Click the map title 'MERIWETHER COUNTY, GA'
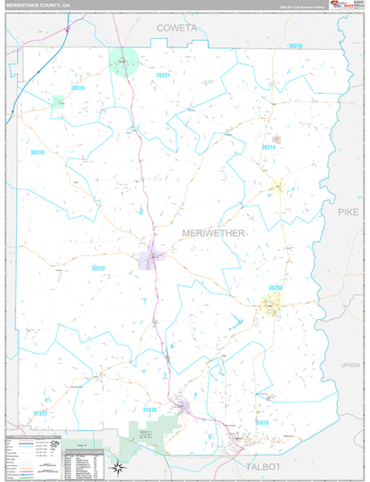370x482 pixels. (x=40, y=6)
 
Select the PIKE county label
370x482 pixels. (x=348, y=212)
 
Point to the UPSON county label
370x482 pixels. (x=351, y=365)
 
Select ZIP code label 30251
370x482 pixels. (x=163, y=75)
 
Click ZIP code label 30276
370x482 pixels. (x=294, y=47)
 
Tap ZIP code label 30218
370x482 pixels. (x=269, y=147)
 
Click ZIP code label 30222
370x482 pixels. (x=98, y=268)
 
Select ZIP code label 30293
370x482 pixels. (x=274, y=287)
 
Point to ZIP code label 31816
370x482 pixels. (x=261, y=421)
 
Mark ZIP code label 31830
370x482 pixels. (x=150, y=410)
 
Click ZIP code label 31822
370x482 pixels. (x=39, y=413)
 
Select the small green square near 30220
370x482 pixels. (x=58, y=101)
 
